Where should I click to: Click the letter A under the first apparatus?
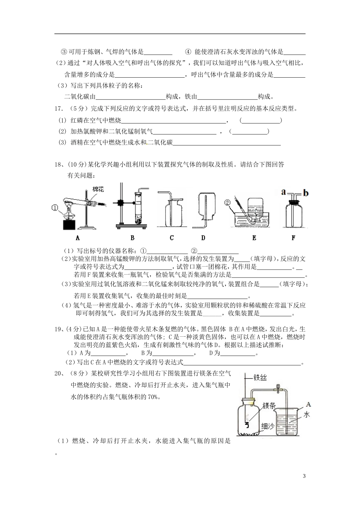pyautogui.click(x=78, y=238)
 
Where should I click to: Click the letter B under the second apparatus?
pyautogui.click(x=132, y=238)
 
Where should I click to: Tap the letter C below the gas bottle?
pyautogui.click(x=172, y=238)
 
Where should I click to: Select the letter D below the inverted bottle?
pyautogui.click(x=203, y=238)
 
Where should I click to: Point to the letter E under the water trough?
pyautogui.click(x=254, y=238)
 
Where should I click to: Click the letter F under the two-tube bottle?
pyautogui.click(x=293, y=238)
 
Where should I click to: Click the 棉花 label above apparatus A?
pyautogui.click(x=98, y=189)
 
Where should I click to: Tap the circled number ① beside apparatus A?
pyautogui.click(x=55, y=208)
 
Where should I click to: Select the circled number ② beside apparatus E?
pyautogui.click(x=227, y=202)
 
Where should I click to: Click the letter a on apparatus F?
pyautogui.click(x=283, y=192)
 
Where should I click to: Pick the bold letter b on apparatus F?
pyautogui.click(x=306, y=193)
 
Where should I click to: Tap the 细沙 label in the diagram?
pyautogui.click(x=268, y=426)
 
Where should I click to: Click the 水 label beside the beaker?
pyautogui.click(x=307, y=415)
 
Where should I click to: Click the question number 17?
pyautogui.click(x=58, y=109)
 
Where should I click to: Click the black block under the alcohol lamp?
pyautogui.click(x=69, y=224)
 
